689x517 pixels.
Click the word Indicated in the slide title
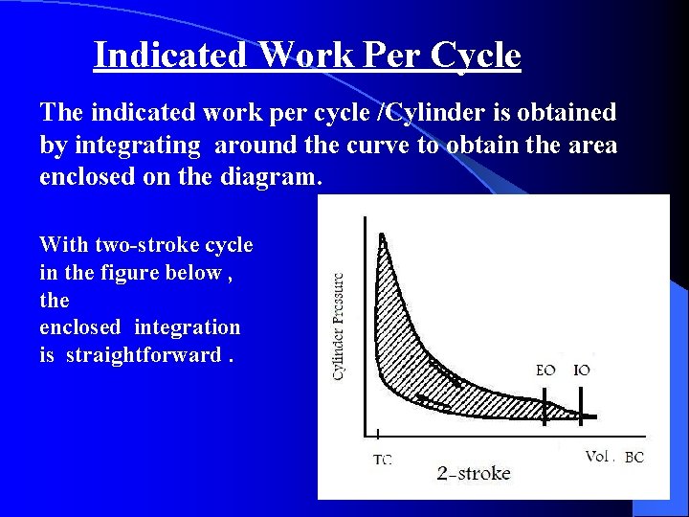[x=170, y=56]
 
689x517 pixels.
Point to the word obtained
[x=566, y=113]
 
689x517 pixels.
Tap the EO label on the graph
[x=545, y=370]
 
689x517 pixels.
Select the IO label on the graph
[x=582, y=370]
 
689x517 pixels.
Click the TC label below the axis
[x=382, y=461]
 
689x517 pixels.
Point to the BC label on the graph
[x=634, y=459]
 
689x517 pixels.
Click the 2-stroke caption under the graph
[x=474, y=473]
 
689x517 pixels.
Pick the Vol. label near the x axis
[x=598, y=457]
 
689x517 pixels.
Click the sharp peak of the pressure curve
[x=382, y=235]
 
